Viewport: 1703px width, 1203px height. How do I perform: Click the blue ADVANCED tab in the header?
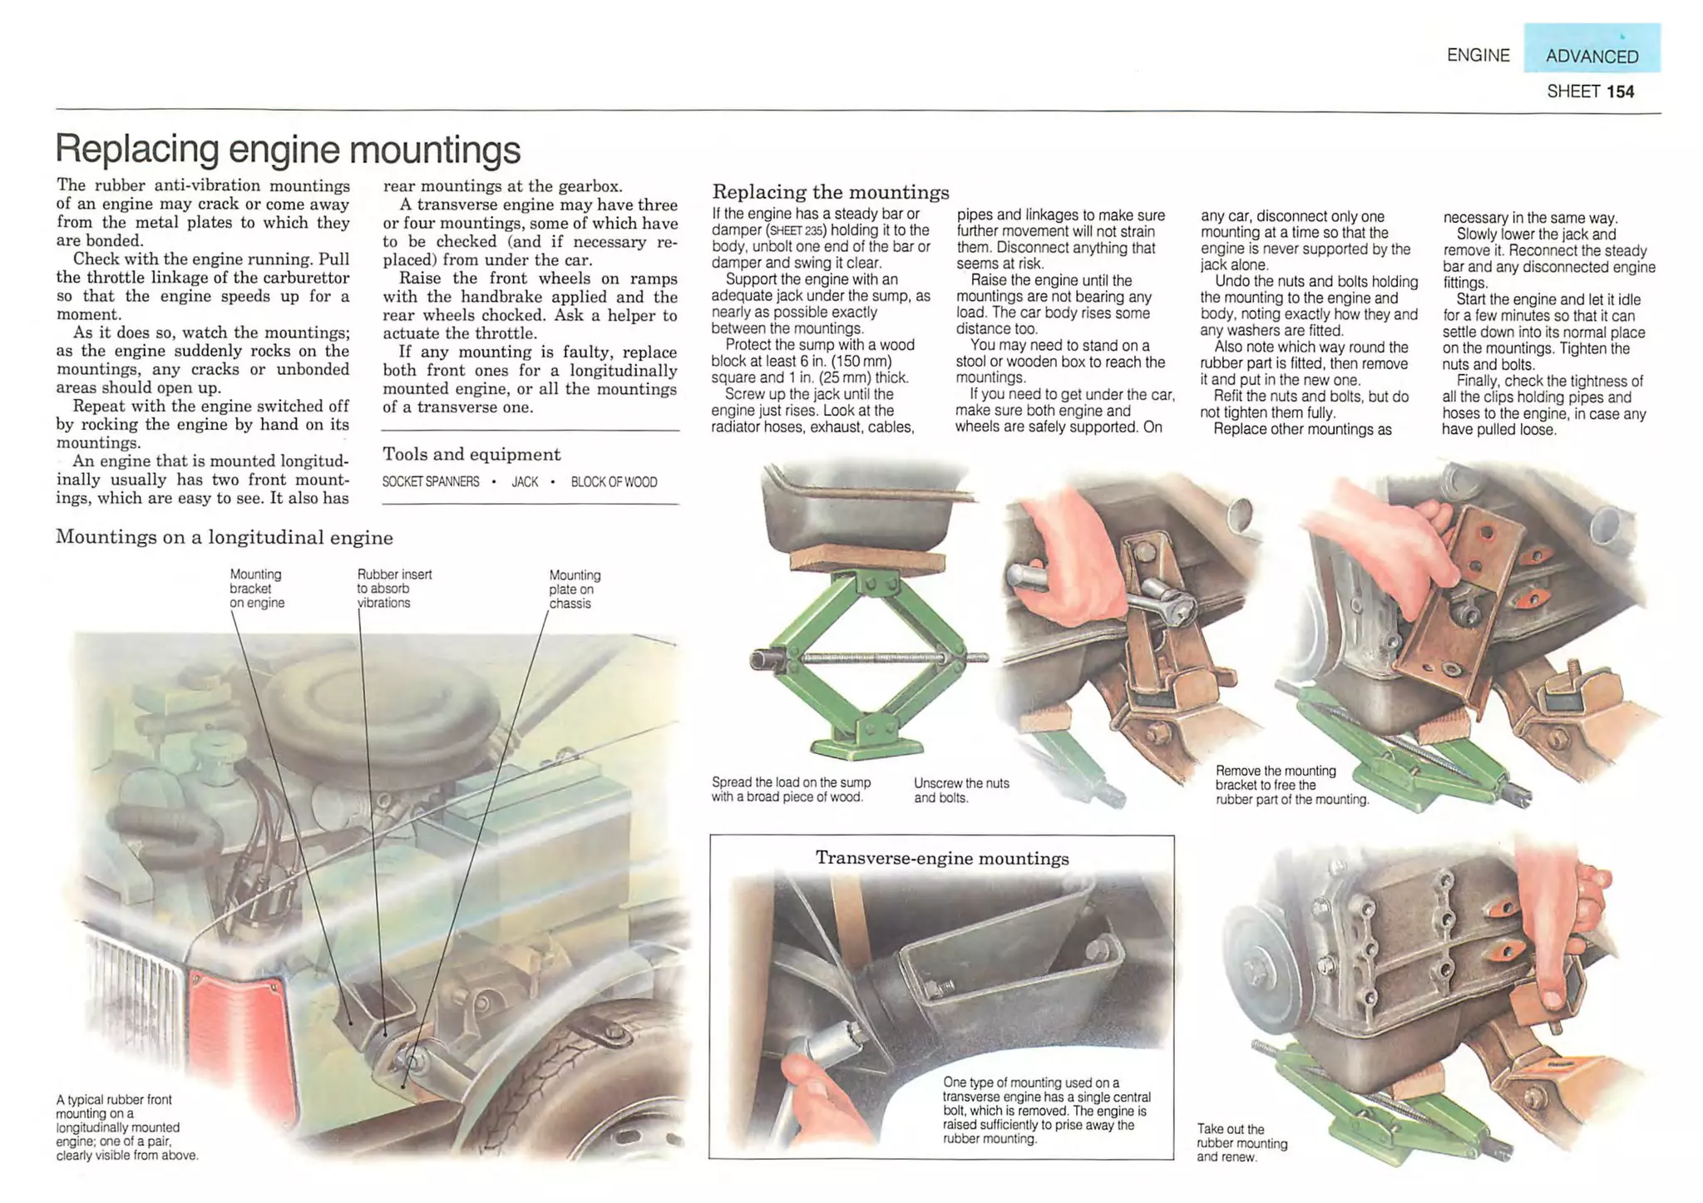(x=1591, y=56)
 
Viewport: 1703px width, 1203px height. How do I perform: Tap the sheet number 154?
(x=1620, y=91)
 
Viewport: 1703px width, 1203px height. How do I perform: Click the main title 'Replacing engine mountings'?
(x=288, y=150)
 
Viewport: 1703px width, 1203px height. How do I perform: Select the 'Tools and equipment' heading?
(x=471, y=454)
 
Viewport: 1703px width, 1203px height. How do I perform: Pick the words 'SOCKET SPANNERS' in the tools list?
(x=431, y=482)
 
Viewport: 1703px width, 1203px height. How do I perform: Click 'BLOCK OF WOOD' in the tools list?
(x=614, y=482)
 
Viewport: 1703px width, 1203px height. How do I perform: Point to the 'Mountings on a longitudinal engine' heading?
(x=225, y=537)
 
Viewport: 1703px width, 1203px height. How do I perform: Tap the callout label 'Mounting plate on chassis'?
(x=574, y=589)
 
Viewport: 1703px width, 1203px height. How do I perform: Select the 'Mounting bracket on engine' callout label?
(x=256, y=589)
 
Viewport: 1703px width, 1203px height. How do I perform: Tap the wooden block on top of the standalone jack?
(x=866, y=562)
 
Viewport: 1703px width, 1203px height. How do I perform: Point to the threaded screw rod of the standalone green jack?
(x=873, y=658)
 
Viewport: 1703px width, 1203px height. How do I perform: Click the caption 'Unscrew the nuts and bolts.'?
(x=960, y=791)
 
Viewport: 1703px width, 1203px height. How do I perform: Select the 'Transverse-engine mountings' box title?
(x=941, y=858)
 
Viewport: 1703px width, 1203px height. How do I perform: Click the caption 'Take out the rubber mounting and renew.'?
(x=1241, y=1142)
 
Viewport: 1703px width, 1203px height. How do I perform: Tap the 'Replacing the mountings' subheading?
(x=830, y=192)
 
